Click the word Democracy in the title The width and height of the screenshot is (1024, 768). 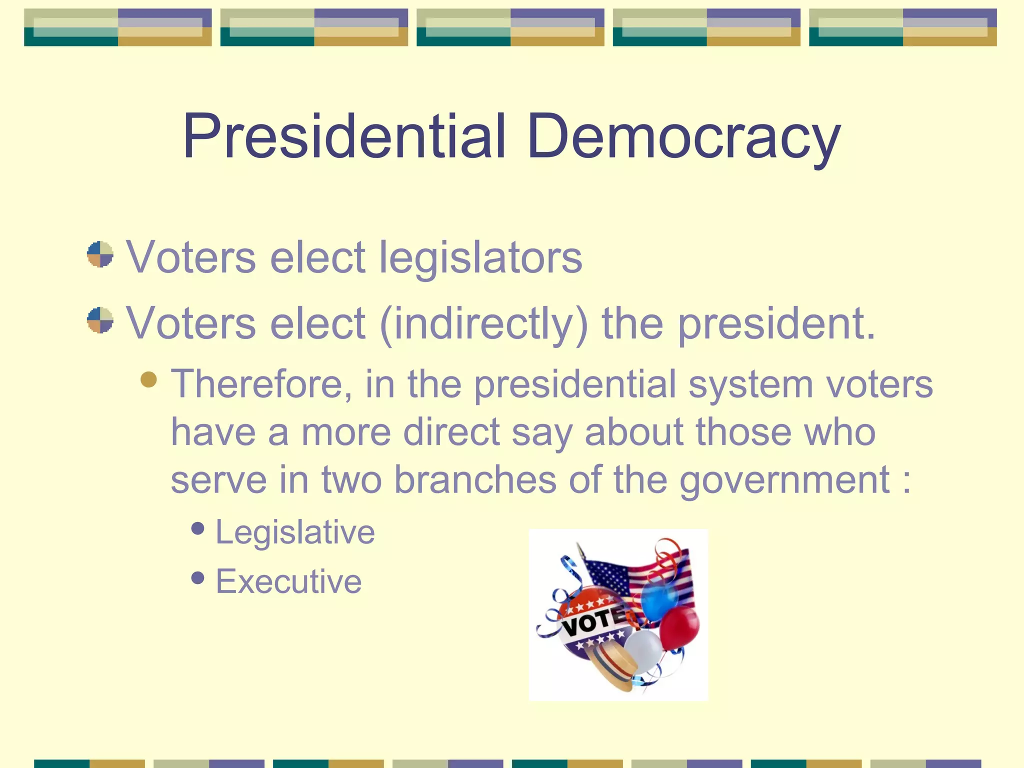click(x=683, y=136)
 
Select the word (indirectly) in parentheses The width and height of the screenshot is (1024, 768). click(x=484, y=323)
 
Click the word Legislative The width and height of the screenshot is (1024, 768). click(x=295, y=531)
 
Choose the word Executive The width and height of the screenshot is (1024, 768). click(x=288, y=581)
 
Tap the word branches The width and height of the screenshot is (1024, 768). click(x=475, y=479)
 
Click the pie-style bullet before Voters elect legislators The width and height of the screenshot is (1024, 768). click(x=100, y=254)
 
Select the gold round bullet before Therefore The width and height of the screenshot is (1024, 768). click(x=148, y=379)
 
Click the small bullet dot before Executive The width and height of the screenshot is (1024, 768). click(x=198, y=577)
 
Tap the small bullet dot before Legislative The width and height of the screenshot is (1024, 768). click(x=198, y=528)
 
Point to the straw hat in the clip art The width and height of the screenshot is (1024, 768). click(x=612, y=665)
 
